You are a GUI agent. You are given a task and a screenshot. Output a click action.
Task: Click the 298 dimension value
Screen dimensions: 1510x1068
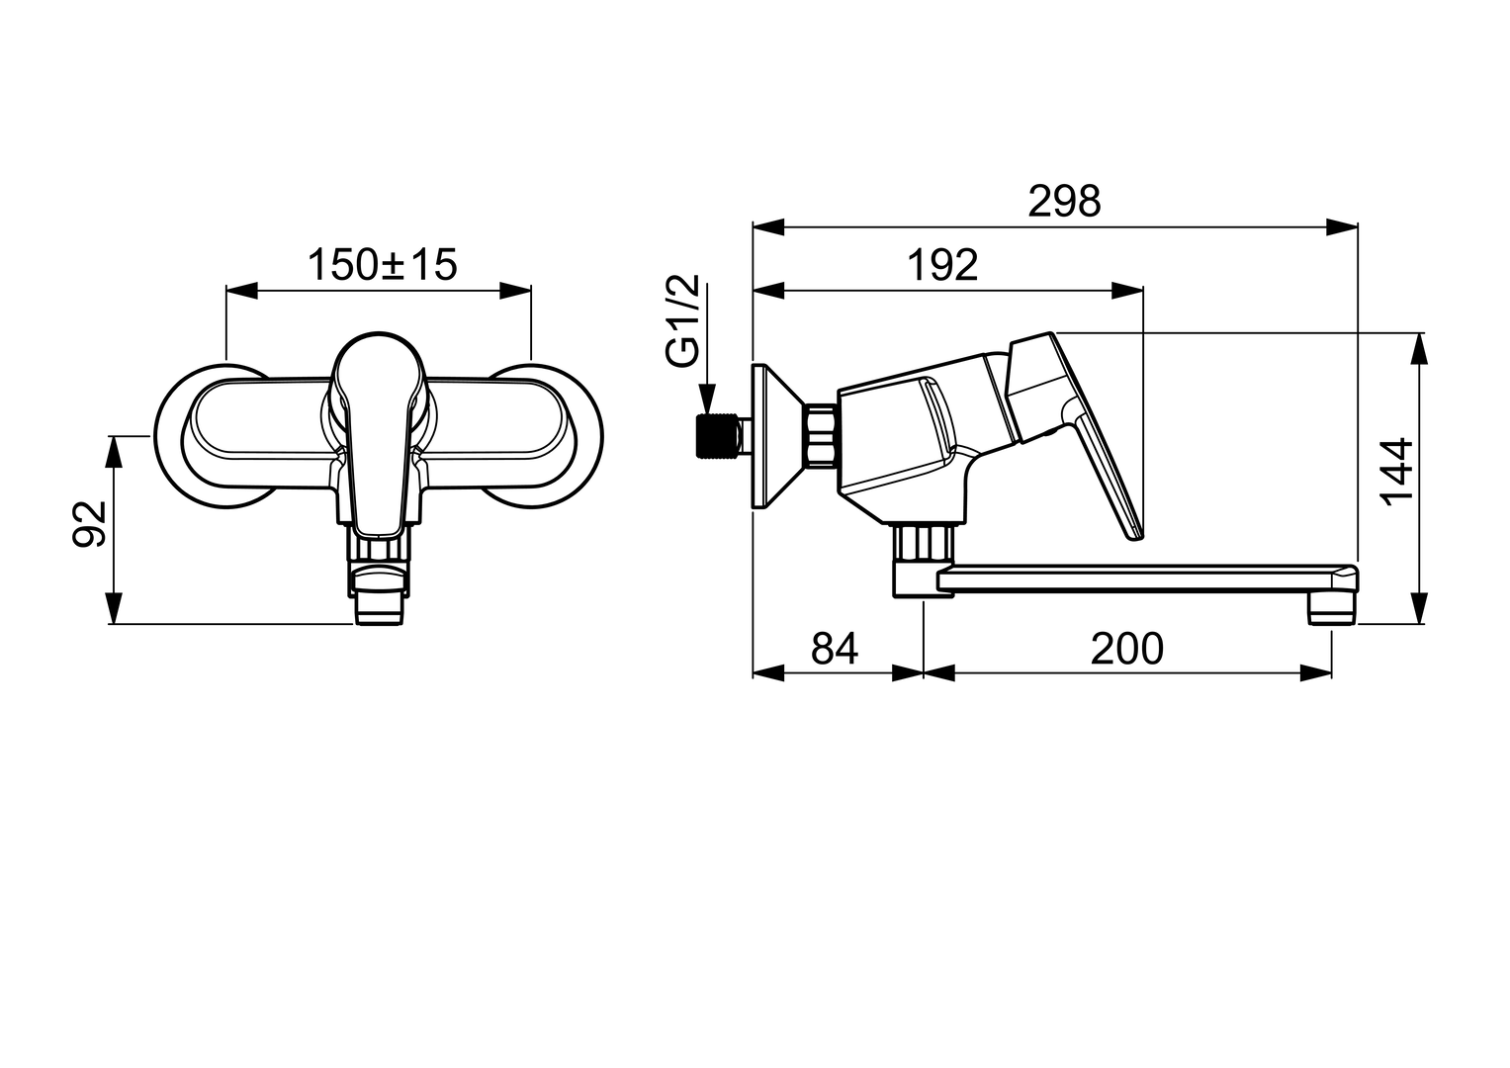1064,201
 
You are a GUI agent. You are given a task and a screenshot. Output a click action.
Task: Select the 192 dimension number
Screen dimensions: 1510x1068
942,265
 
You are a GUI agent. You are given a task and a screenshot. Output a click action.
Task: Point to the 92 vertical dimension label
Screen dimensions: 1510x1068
90,524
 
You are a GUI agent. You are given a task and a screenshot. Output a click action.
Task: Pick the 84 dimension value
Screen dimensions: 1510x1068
835,649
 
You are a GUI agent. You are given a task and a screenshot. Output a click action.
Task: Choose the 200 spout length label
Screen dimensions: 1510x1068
1127,649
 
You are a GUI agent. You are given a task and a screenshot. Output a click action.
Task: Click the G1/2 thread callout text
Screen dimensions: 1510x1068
683,321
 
